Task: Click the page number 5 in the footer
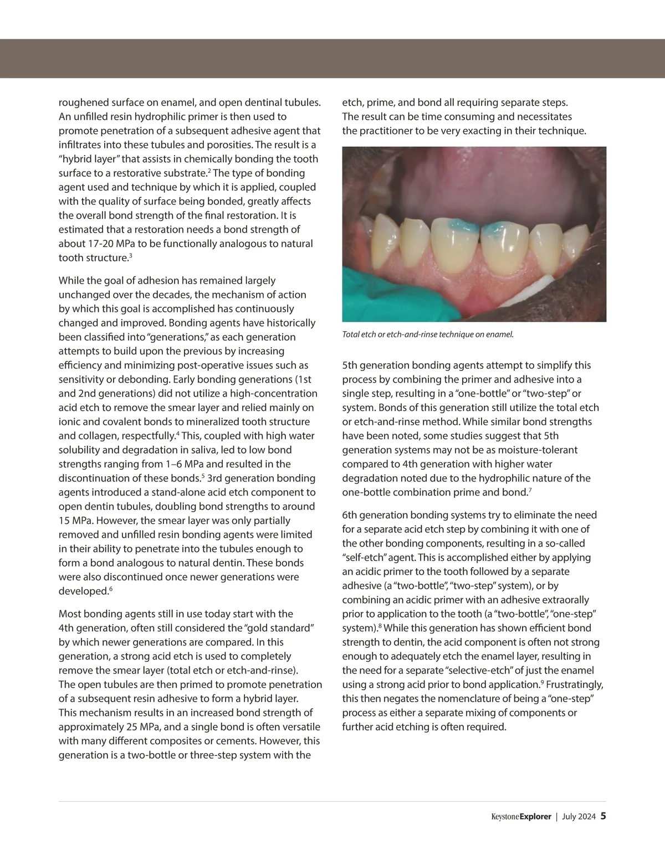[x=603, y=816]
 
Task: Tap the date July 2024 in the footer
[x=579, y=816]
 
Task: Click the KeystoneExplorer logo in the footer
[x=521, y=816]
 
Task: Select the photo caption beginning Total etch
[x=428, y=334]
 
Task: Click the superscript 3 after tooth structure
[x=130, y=255]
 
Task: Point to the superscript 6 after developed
[x=110, y=589]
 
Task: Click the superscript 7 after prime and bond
[x=530, y=490]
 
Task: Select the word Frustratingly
[x=574, y=684]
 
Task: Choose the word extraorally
[x=564, y=600]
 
